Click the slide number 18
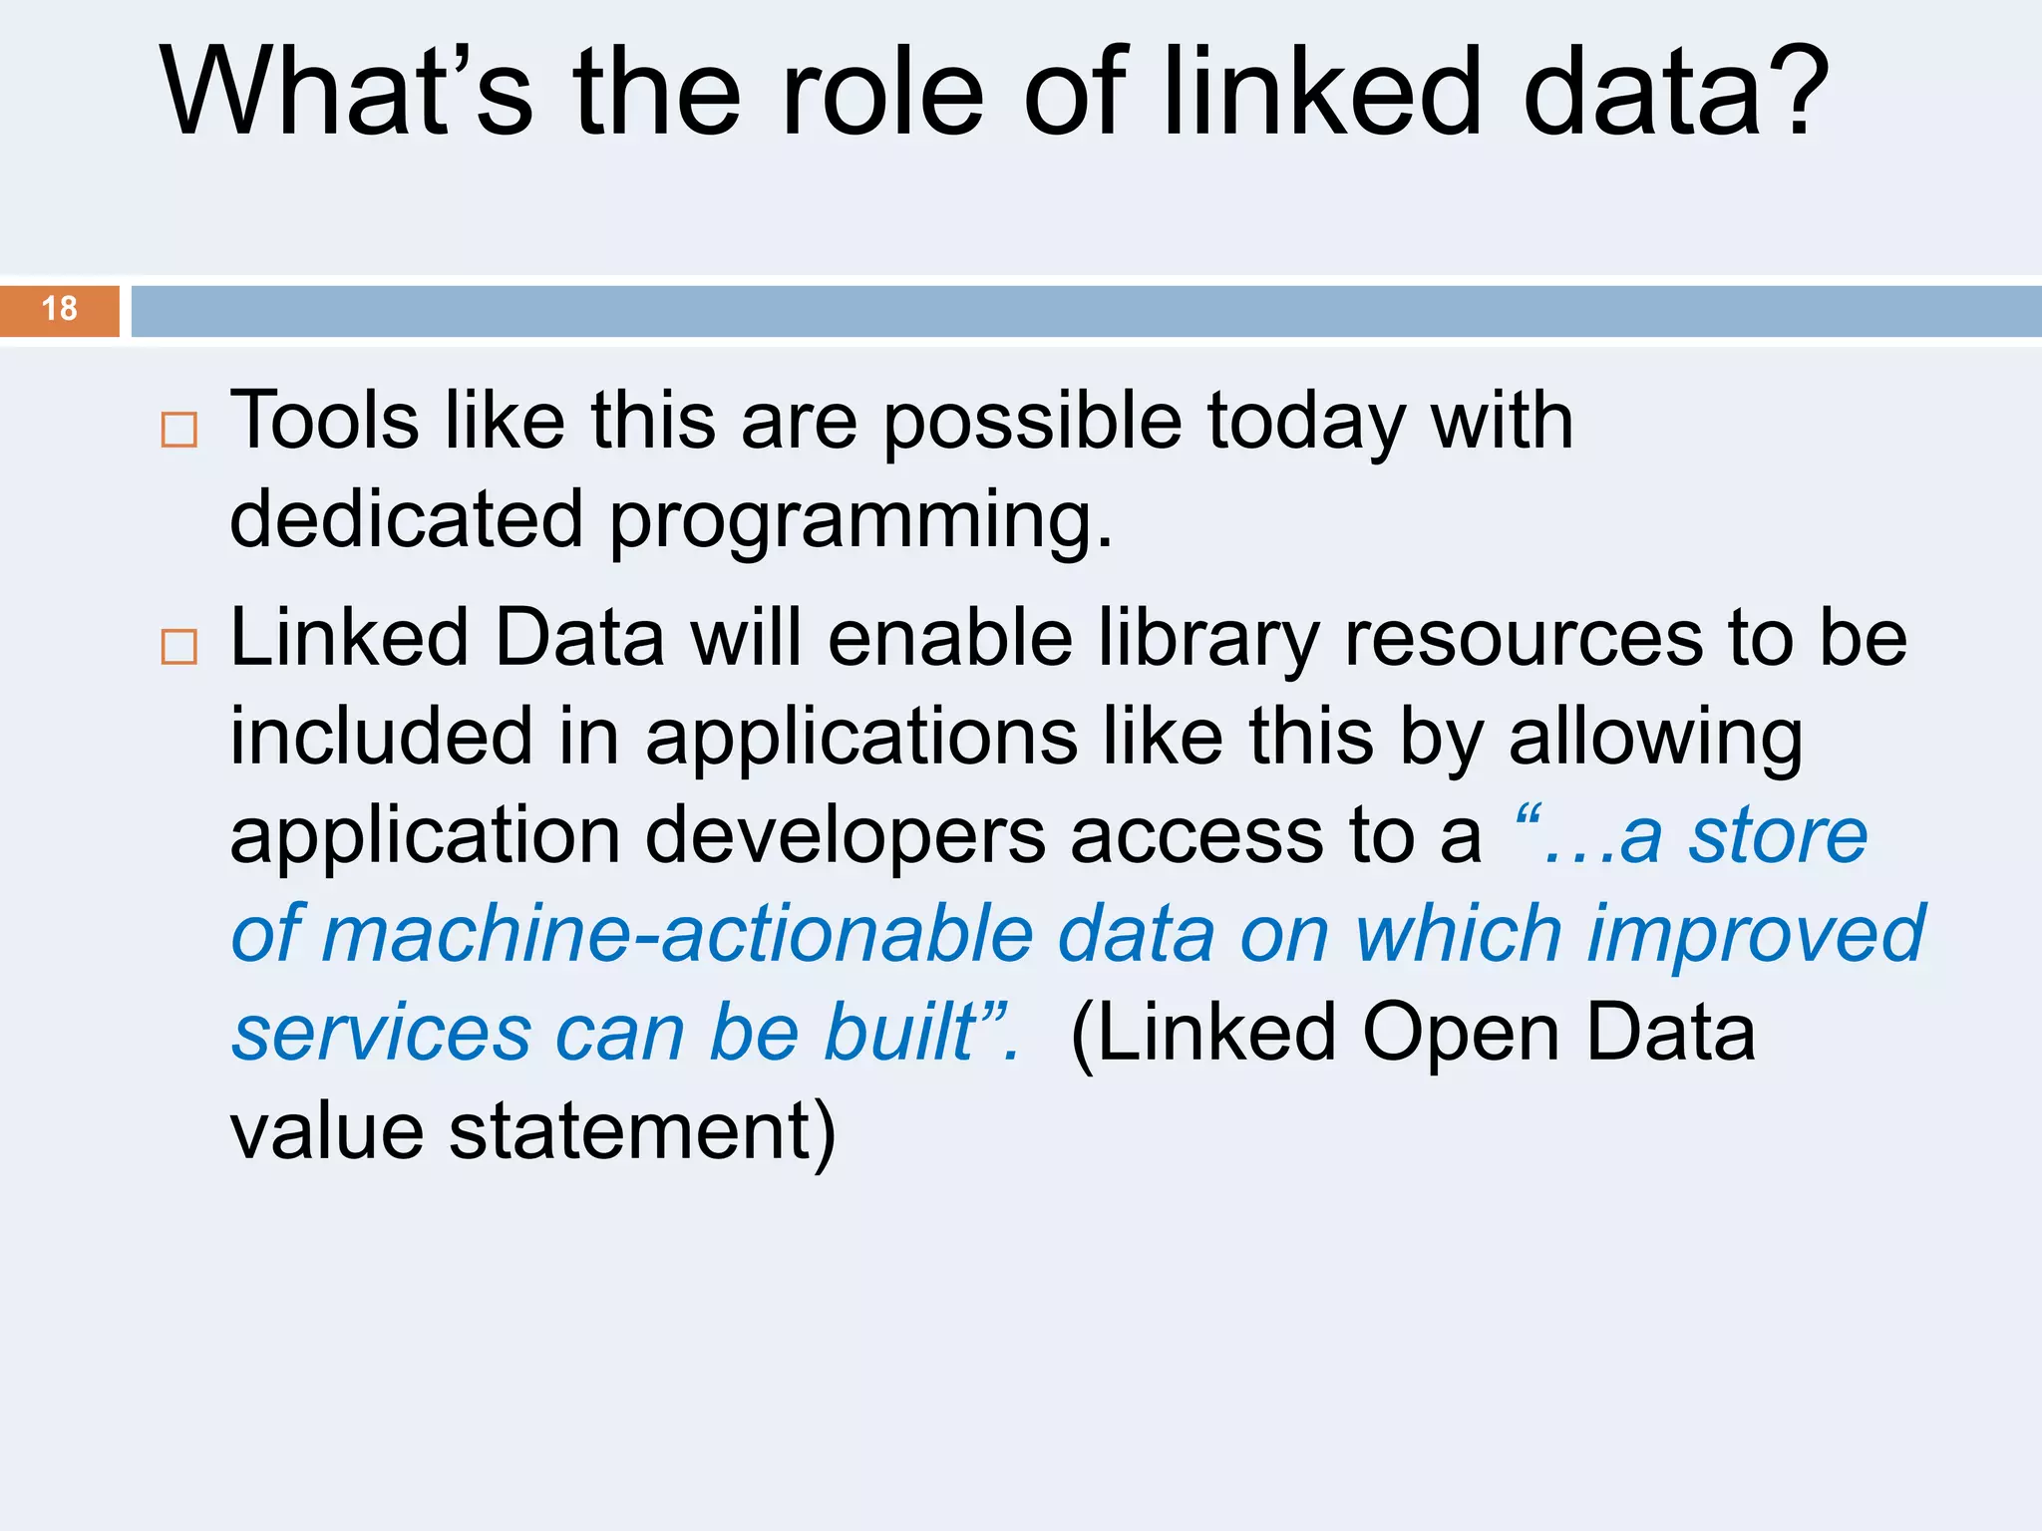pyautogui.click(x=60, y=309)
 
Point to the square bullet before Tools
pyautogui.click(x=179, y=430)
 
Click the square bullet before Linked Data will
pyautogui.click(x=179, y=647)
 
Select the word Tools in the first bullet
pyautogui.click(x=324, y=421)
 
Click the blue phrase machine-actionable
pyautogui.click(x=677, y=934)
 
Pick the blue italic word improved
pyautogui.click(x=1755, y=936)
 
